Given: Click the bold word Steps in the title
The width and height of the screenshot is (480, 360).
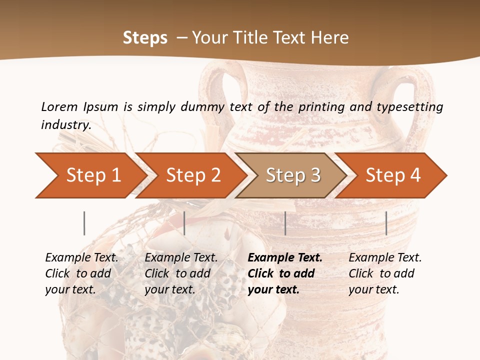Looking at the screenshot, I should (x=145, y=38).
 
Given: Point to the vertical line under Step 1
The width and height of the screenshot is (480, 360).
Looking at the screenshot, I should (x=84, y=223).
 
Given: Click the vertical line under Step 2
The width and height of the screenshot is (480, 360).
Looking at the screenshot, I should (x=184, y=223).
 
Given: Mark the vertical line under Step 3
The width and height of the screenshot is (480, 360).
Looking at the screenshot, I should (x=285, y=223).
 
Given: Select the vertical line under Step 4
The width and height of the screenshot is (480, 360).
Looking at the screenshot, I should (x=386, y=223).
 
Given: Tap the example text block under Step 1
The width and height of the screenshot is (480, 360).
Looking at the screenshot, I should (x=81, y=273).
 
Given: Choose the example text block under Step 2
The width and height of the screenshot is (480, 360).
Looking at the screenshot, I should (x=181, y=273).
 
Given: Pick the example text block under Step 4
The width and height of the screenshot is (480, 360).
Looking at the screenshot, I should (x=385, y=273).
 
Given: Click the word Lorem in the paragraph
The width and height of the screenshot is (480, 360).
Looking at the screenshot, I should (x=59, y=106).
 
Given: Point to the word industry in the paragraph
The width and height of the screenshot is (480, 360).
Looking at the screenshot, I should (x=66, y=125).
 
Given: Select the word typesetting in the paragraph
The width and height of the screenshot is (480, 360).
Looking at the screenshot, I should (x=414, y=107).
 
